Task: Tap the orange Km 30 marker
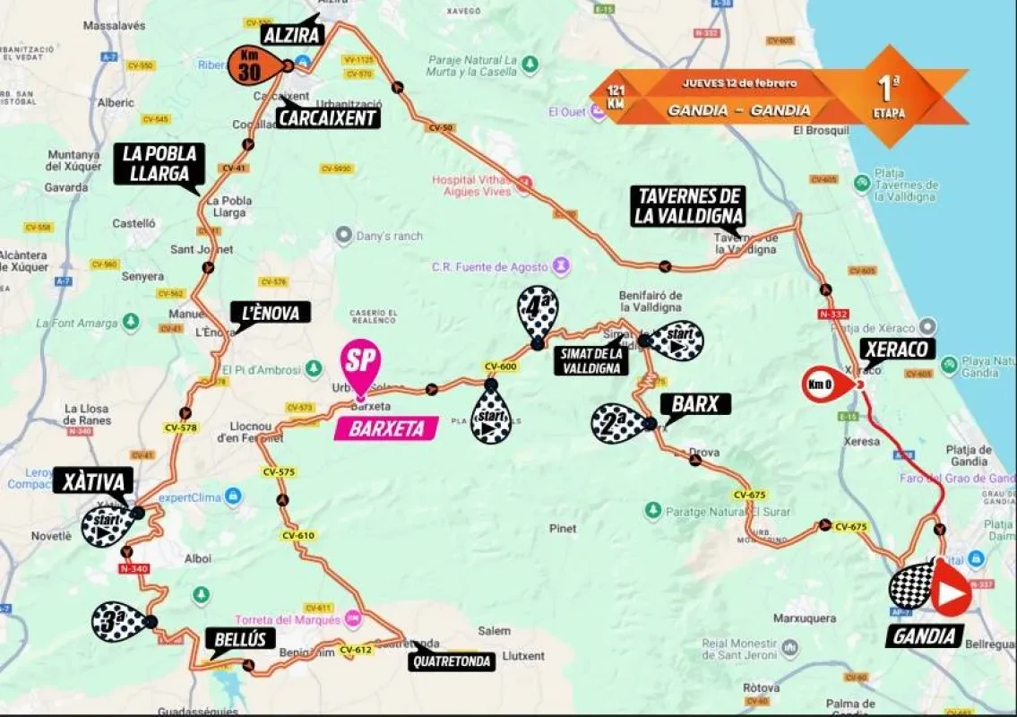tap(255, 65)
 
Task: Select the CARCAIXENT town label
tap(327, 117)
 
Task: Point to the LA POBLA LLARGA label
tap(159, 165)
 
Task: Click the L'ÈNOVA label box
tap(271, 312)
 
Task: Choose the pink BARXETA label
tap(385, 428)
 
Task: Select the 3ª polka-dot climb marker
tap(118, 621)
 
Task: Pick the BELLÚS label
tap(238, 639)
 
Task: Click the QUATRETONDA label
tap(452, 662)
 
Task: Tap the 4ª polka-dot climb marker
tap(538, 312)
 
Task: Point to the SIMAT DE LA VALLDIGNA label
tap(590, 359)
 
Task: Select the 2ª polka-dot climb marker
tap(618, 422)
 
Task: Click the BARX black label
tap(695, 404)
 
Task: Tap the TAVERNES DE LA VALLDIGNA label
tap(687, 205)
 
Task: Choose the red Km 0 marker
tap(825, 384)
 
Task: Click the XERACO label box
tap(896, 349)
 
